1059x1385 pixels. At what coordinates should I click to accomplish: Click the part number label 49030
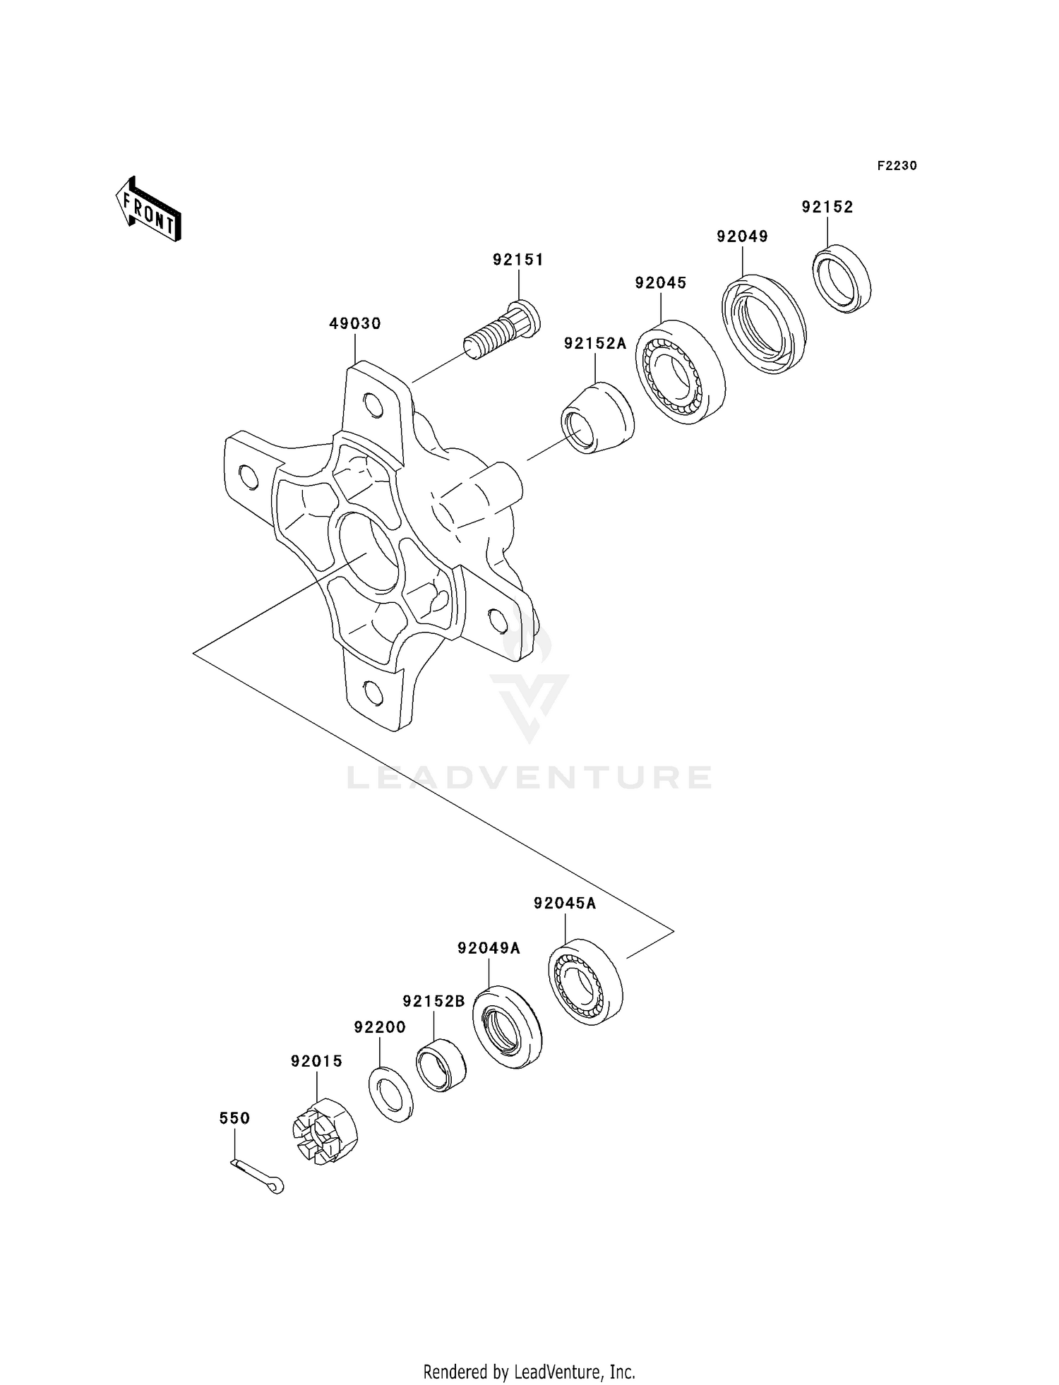[x=355, y=324]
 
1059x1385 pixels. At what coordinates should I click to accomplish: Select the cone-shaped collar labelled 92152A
[x=597, y=418]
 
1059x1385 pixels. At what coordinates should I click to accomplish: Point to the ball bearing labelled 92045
[x=680, y=371]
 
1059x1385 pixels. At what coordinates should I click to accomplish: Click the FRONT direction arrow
[x=148, y=211]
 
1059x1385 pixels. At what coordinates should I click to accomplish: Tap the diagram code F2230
[x=897, y=166]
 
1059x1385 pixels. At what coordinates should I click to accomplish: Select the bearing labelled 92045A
[x=585, y=981]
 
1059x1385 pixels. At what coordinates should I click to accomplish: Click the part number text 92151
[x=518, y=260]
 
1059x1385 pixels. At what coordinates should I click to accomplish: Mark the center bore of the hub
[x=367, y=551]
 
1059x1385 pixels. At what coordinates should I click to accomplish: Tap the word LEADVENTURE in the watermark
[x=529, y=777]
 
